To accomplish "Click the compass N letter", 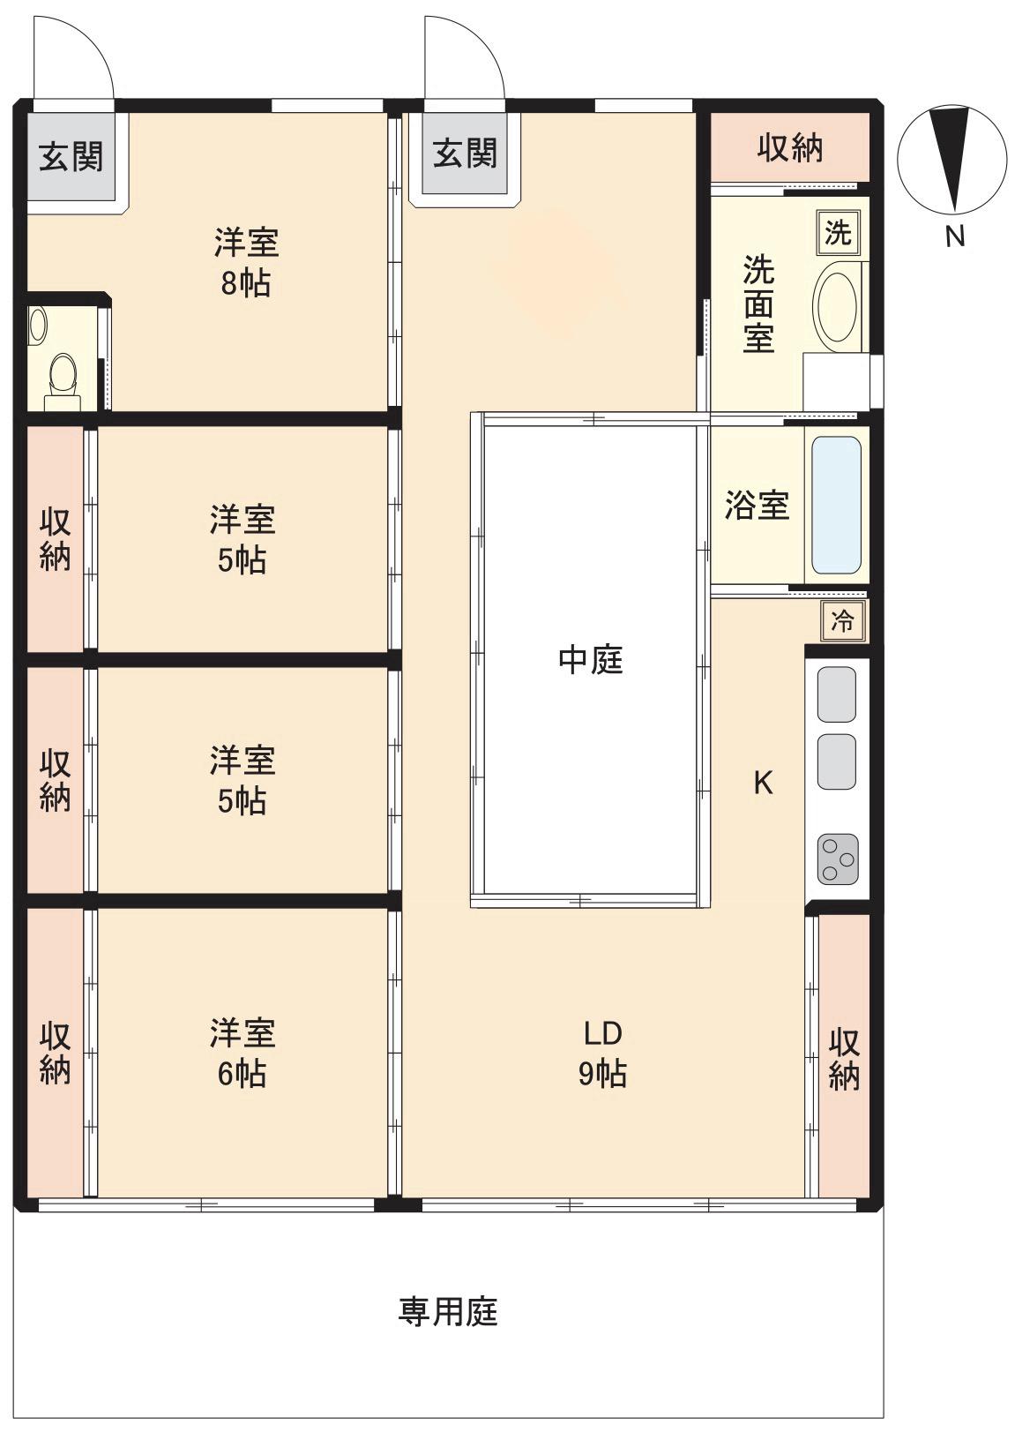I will (x=954, y=236).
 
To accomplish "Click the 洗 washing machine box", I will (x=837, y=233).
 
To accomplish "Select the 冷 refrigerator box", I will (x=842, y=621).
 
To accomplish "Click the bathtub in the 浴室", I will (x=835, y=506).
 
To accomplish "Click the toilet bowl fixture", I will (x=63, y=374).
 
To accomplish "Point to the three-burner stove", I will (x=837, y=859).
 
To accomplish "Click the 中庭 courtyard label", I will (x=590, y=659).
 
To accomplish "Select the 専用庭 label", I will (x=448, y=1311).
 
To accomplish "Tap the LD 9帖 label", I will (x=602, y=1053).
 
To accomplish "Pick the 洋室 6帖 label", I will (x=242, y=1053).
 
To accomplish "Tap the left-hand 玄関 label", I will (x=71, y=156).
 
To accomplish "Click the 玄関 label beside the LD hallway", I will (x=464, y=154).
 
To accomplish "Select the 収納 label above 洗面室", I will (x=790, y=147).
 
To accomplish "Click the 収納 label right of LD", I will (x=843, y=1058).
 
